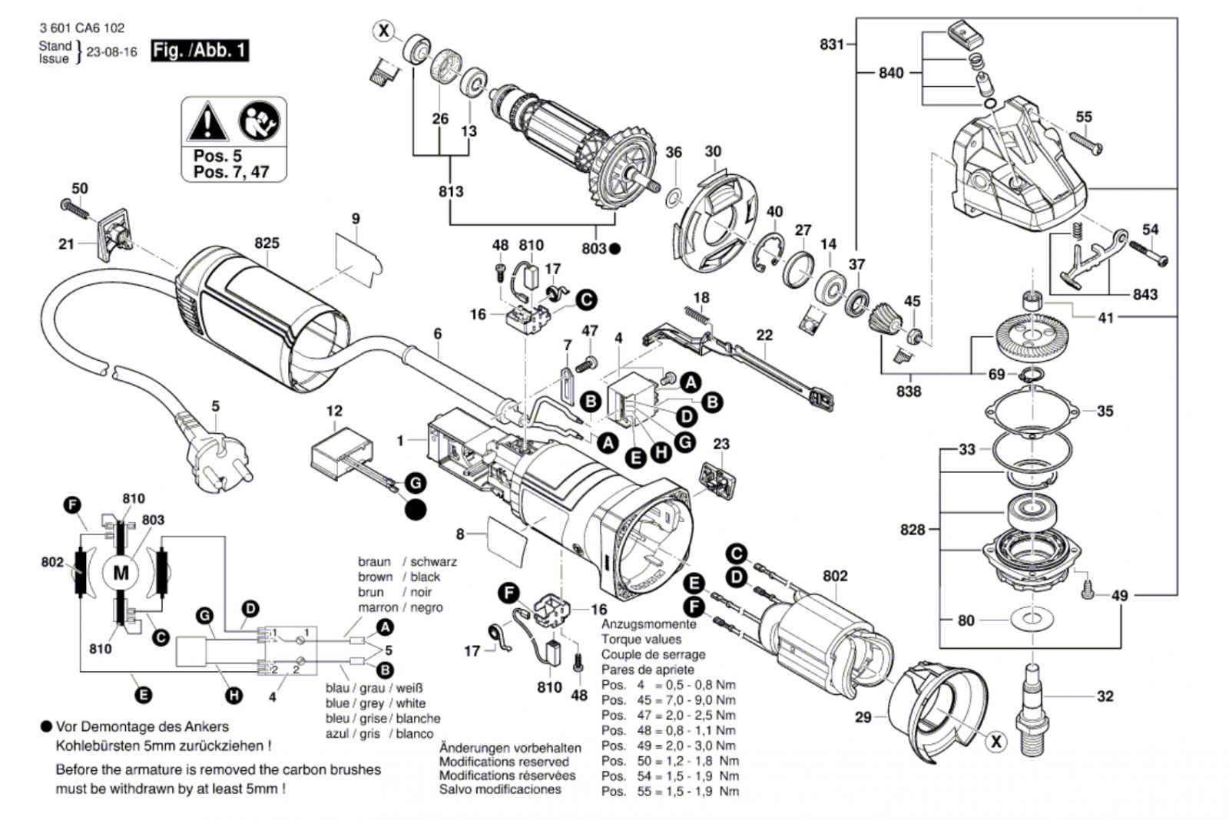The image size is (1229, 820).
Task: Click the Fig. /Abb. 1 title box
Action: pyautogui.click(x=200, y=51)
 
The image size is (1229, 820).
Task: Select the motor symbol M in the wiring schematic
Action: pyautogui.click(x=121, y=573)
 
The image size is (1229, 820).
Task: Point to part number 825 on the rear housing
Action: pyautogui.click(x=267, y=243)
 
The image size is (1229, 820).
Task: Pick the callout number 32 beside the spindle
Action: pyautogui.click(x=1105, y=696)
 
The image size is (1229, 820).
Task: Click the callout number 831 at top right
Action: pyautogui.click(x=832, y=45)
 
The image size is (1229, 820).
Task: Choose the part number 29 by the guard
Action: pyautogui.click(x=863, y=716)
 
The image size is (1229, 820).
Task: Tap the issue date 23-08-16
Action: pyautogui.click(x=112, y=52)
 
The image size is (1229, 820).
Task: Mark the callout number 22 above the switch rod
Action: pyautogui.click(x=764, y=335)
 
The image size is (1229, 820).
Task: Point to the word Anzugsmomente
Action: pyautogui.click(x=648, y=624)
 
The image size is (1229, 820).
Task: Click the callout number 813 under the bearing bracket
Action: pyautogui.click(x=451, y=191)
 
